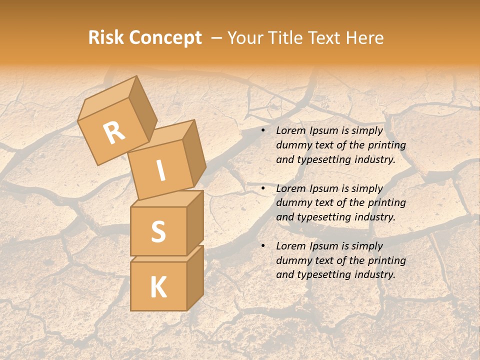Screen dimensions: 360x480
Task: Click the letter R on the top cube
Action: pyautogui.click(x=114, y=132)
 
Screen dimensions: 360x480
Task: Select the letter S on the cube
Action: pyautogui.click(x=158, y=231)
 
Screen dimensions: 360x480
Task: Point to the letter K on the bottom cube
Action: pyautogui.click(x=158, y=287)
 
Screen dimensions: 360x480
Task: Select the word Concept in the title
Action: pyautogui.click(x=165, y=38)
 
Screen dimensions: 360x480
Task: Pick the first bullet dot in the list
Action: pyautogui.click(x=262, y=131)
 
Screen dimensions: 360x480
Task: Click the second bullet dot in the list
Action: pyautogui.click(x=262, y=189)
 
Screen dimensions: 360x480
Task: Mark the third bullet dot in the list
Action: pyautogui.click(x=262, y=246)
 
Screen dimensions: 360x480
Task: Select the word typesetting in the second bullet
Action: pyautogui.click(x=324, y=217)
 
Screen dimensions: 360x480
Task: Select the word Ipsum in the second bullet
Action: pyautogui.click(x=325, y=188)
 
